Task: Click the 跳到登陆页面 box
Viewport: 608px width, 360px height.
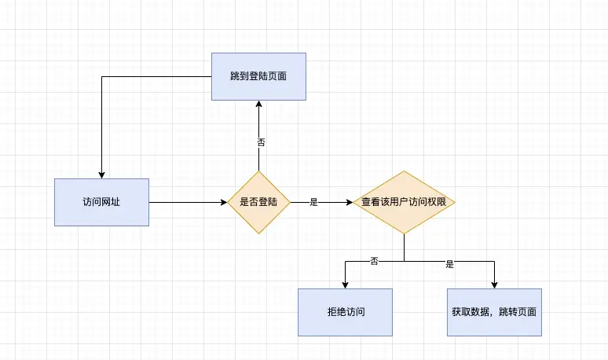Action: tap(258, 76)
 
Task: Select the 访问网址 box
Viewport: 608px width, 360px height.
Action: tap(101, 202)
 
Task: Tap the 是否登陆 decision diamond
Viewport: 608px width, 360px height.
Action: tap(258, 202)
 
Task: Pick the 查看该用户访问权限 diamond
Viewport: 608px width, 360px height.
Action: tap(404, 202)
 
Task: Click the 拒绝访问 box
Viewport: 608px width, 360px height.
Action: tap(345, 312)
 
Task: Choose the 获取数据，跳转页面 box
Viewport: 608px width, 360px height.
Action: tap(495, 312)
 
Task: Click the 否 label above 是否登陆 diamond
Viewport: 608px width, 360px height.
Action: tap(262, 142)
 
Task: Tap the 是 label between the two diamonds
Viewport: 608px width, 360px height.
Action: tap(313, 202)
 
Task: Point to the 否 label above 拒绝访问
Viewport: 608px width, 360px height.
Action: tap(374, 260)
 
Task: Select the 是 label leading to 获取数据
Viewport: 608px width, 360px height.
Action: tap(450, 265)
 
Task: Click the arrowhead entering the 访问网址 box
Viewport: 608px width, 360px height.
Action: tap(101, 174)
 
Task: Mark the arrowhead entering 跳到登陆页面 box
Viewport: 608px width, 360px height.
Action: tap(258, 105)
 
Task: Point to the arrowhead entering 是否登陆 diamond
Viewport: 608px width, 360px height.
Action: tap(223, 202)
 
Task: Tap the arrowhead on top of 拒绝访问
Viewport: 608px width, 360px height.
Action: tap(345, 285)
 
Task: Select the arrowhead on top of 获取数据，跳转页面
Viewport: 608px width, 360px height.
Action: tap(495, 285)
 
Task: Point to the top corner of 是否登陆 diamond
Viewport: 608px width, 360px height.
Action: tap(258, 171)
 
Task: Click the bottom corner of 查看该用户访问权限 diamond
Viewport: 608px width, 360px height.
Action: tap(404, 233)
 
